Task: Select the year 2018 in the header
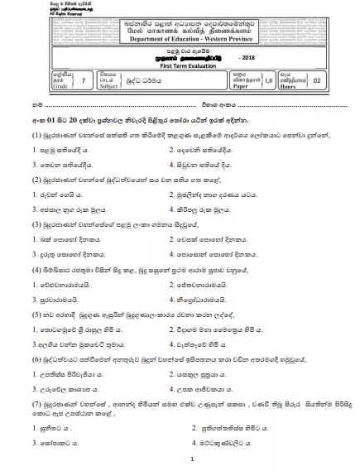(250, 64)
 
